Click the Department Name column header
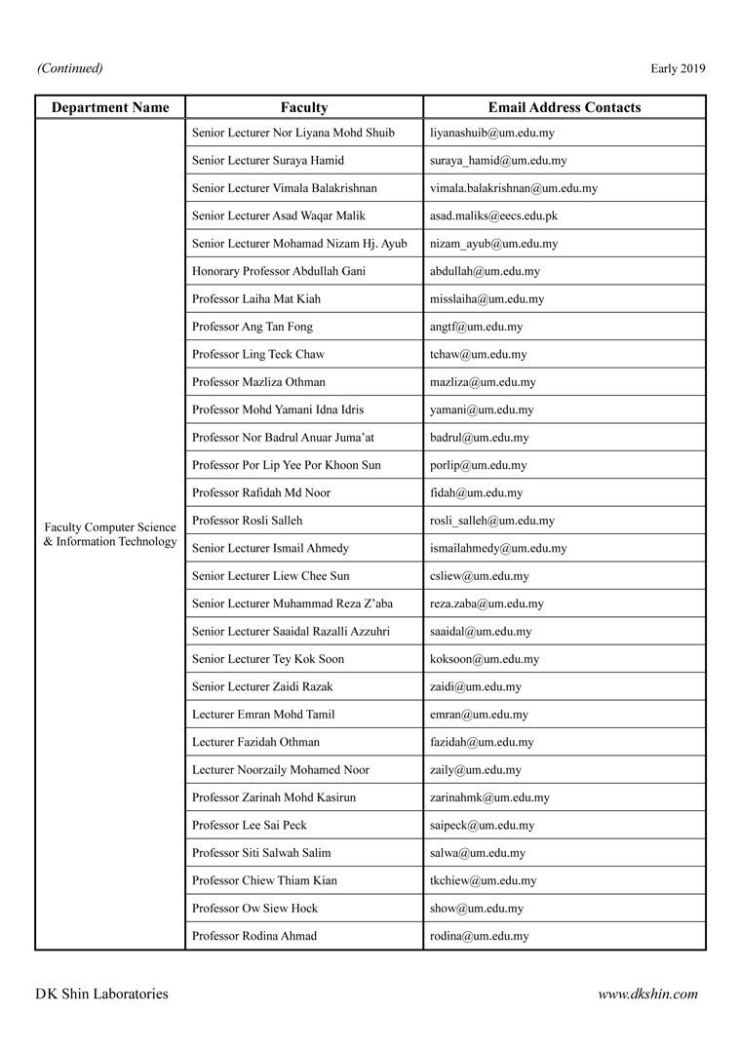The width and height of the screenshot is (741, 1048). pyautogui.click(x=110, y=107)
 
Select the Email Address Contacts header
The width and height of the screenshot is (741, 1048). pyautogui.click(x=565, y=107)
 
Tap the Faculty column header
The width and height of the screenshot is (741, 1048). pyautogui.click(x=304, y=107)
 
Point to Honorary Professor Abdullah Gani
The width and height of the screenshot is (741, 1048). pyautogui.click(x=279, y=271)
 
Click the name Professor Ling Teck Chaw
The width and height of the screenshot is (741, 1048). pyautogui.click(x=258, y=354)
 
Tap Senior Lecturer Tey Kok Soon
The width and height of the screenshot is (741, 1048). pyautogui.click(x=268, y=659)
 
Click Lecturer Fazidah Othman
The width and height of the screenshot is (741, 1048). pyautogui.click(x=255, y=742)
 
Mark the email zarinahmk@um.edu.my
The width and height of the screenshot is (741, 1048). pyautogui.click(x=489, y=797)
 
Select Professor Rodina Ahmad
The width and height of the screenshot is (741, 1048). pyautogui.click(x=254, y=936)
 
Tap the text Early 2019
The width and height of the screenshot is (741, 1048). pyautogui.click(x=678, y=68)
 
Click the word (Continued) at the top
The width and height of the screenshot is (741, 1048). pyautogui.click(x=69, y=68)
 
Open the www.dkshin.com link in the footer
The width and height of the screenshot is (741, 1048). pyautogui.click(x=647, y=994)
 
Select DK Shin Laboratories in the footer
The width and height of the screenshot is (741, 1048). pyautogui.click(x=101, y=994)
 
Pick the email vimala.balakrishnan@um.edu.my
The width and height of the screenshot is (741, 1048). pyautogui.click(x=514, y=188)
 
